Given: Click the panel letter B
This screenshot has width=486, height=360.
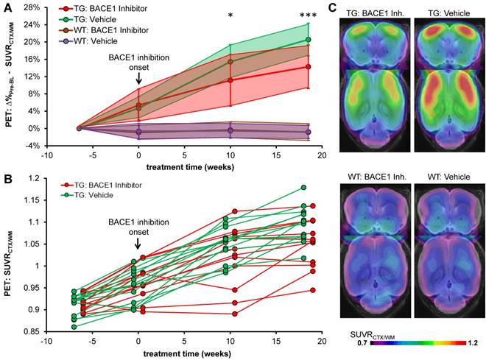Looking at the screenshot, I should [7, 180].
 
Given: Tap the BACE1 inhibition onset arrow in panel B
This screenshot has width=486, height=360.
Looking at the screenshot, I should [138, 243].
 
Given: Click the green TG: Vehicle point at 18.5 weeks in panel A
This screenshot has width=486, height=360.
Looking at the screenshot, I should [308, 40].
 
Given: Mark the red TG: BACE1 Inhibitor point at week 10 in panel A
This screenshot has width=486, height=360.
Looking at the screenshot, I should [231, 80].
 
